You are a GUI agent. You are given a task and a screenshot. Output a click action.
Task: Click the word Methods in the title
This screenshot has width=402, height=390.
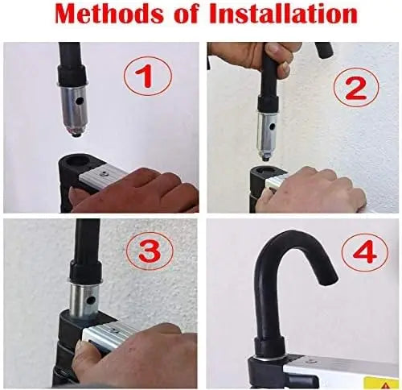[x=109, y=14]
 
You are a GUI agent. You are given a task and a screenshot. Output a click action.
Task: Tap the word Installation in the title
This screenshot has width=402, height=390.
[x=284, y=14]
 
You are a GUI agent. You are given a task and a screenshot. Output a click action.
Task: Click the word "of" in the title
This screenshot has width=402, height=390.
[x=187, y=14]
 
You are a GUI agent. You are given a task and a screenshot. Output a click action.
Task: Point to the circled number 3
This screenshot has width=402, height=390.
[x=150, y=251]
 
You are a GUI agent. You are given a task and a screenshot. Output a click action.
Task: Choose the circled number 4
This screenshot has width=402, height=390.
[x=365, y=251]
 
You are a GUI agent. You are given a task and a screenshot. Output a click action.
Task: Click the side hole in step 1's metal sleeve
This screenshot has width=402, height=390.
[x=79, y=102]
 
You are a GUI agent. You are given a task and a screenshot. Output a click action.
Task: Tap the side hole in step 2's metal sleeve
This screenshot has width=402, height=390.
[x=273, y=126]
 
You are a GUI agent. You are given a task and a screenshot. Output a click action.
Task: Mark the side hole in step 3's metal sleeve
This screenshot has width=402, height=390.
[x=92, y=300]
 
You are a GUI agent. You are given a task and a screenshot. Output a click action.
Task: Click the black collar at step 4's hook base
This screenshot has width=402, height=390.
[x=269, y=346]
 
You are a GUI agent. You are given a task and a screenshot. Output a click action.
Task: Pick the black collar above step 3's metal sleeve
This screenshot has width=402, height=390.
[x=86, y=271]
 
